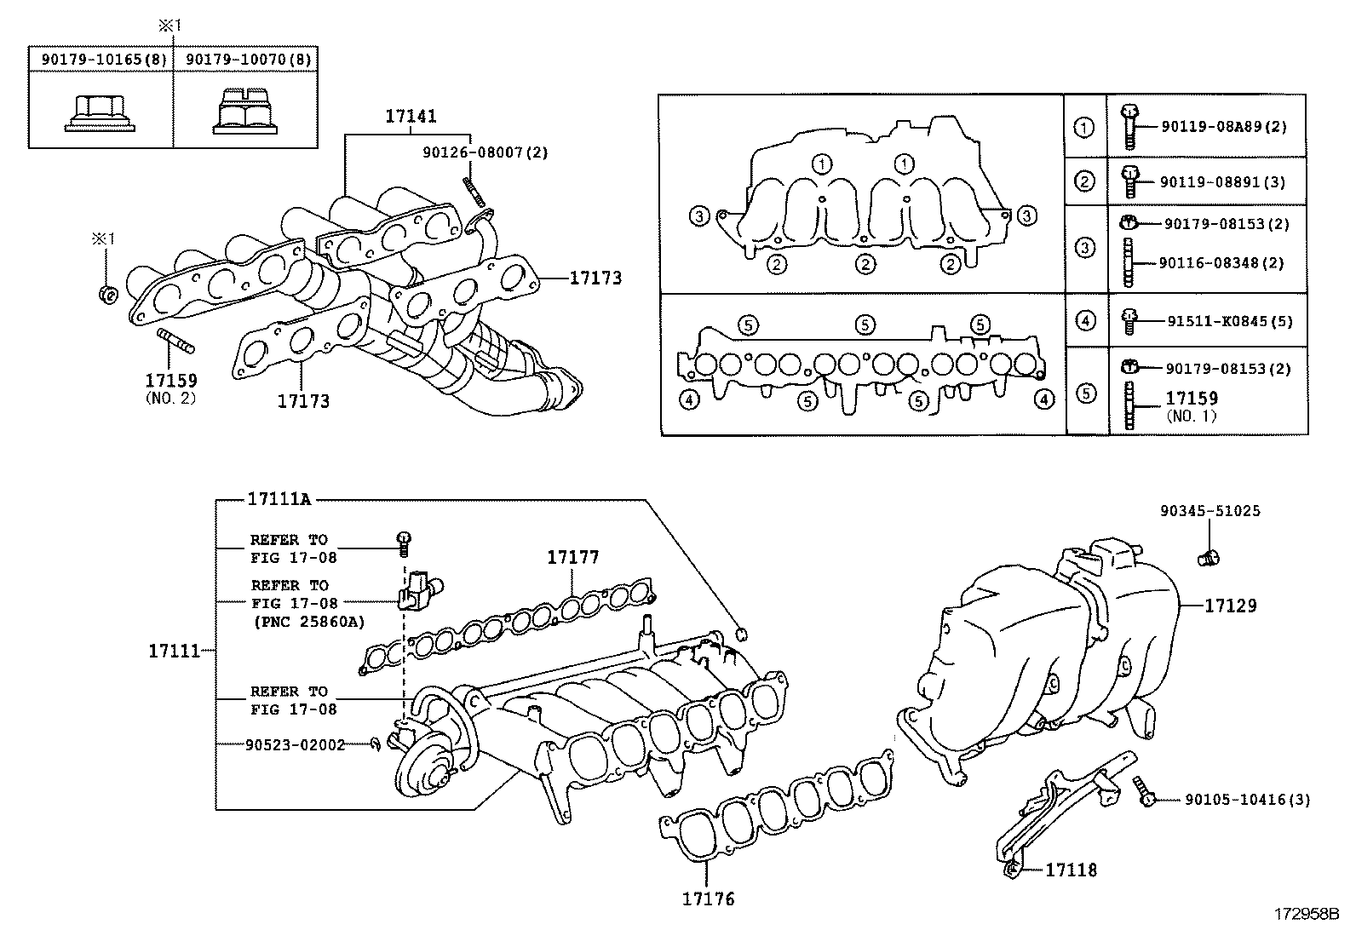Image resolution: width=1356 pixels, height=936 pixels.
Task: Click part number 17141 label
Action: pyautogui.click(x=411, y=117)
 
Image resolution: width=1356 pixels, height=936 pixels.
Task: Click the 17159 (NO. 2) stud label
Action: pyautogui.click(x=170, y=381)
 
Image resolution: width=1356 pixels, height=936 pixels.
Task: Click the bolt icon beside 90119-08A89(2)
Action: pyautogui.click(x=1129, y=127)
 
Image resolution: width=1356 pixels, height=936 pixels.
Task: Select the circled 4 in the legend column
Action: pyautogui.click(x=1085, y=321)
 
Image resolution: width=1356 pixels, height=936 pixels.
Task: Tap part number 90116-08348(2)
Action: pyautogui.click(x=1221, y=263)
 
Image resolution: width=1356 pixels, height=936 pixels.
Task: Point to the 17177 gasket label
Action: pyautogui.click(x=572, y=558)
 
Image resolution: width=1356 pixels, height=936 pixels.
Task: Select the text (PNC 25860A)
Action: pyautogui.click(x=308, y=622)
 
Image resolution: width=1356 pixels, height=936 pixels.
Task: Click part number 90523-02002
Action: pyautogui.click(x=295, y=744)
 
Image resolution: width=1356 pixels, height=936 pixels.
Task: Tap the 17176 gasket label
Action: pyautogui.click(x=707, y=898)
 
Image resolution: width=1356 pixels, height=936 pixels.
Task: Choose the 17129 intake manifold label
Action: pyautogui.click(x=1230, y=606)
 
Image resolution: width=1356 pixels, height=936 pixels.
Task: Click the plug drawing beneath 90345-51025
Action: pyautogui.click(x=1209, y=558)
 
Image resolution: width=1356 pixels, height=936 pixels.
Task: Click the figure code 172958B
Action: pyautogui.click(x=1307, y=915)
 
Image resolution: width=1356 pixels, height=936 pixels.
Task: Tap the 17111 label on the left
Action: pyautogui.click(x=174, y=651)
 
